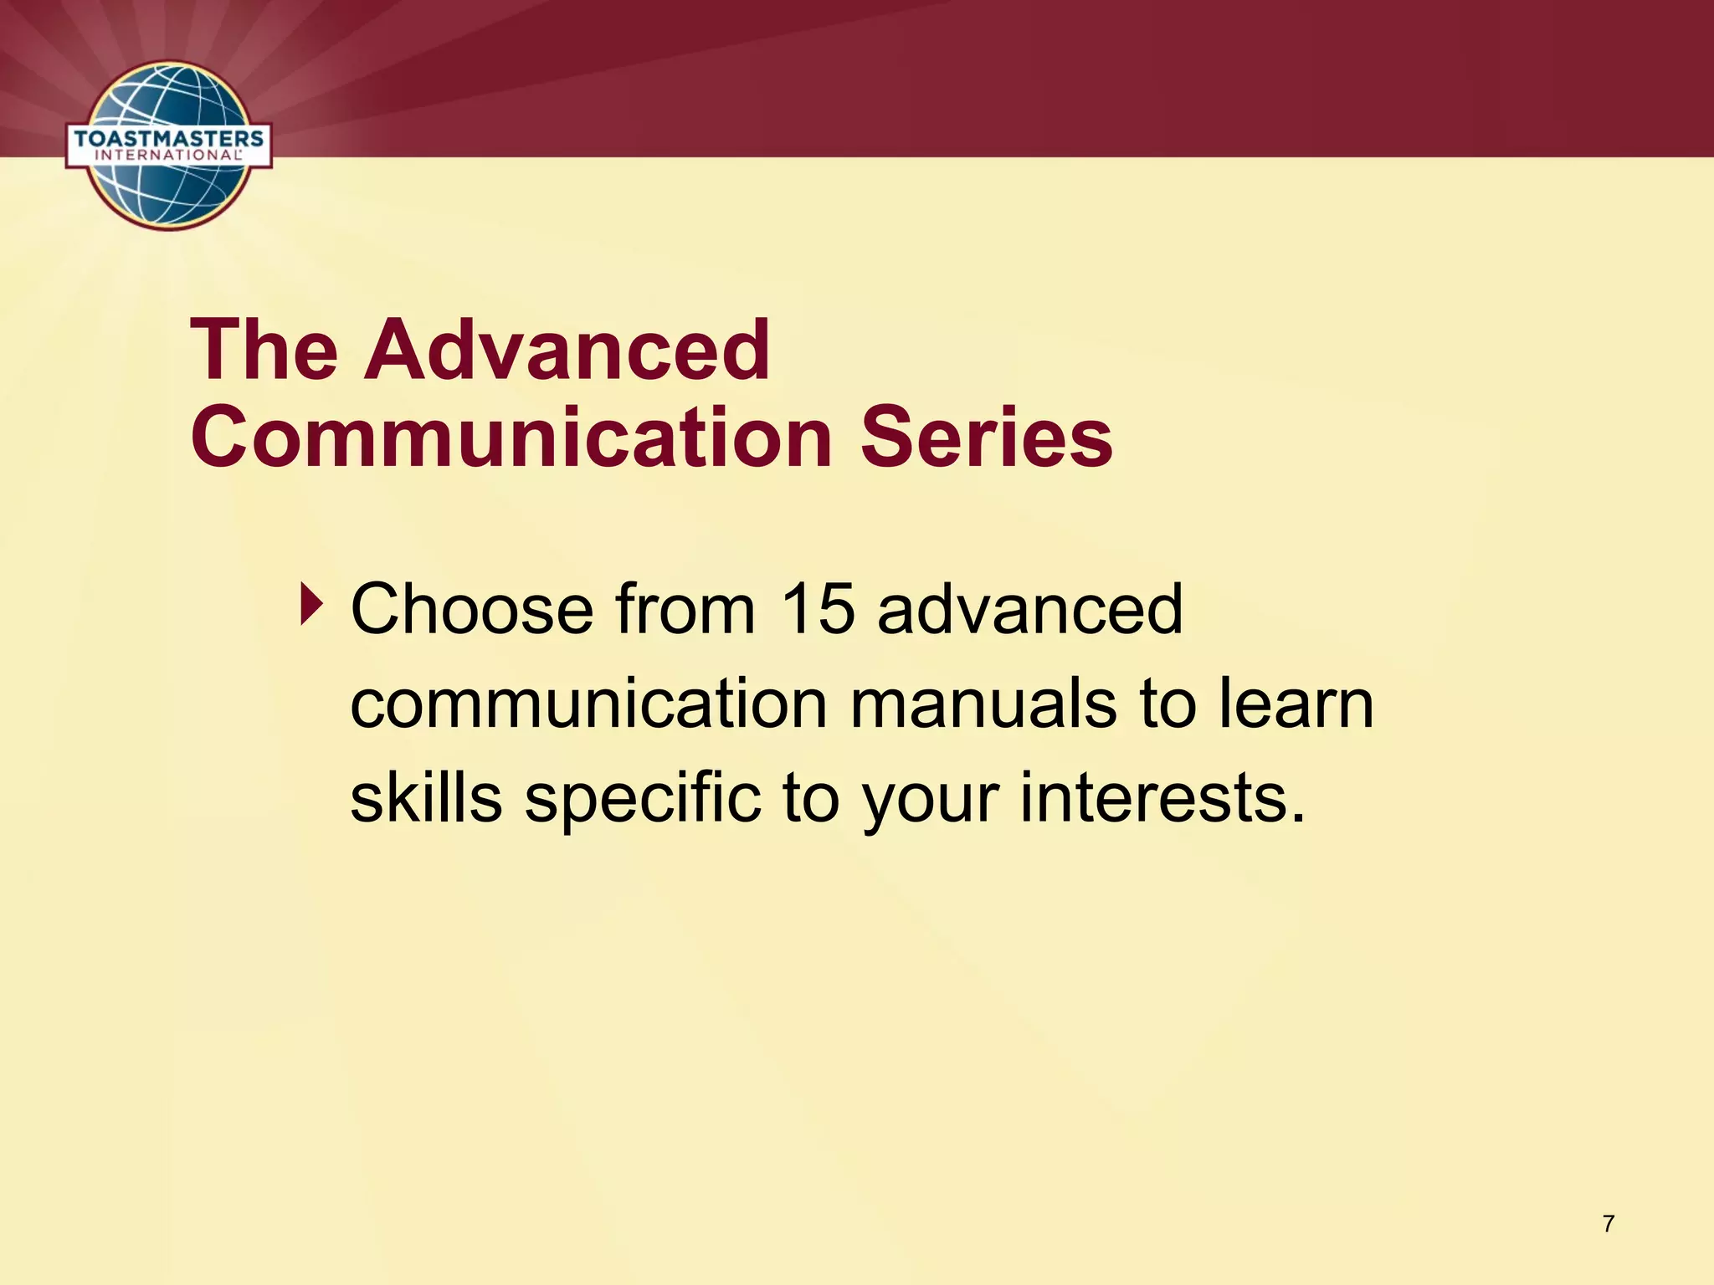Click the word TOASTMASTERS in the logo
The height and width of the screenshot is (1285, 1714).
(x=168, y=138)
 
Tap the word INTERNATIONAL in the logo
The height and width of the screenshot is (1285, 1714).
(x=168, y=156)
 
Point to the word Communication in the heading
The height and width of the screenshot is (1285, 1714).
(x=511, y=438)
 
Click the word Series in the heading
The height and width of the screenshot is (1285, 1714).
(x=987, y=438)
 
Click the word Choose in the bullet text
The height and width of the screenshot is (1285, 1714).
(x=471, y=610)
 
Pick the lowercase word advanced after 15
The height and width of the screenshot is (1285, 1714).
(x=1030, y=610)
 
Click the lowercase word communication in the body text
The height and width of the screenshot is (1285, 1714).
(x=588, y=704)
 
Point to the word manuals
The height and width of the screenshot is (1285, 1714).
(x=983, y=704)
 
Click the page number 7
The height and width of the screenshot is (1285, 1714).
(x=1608, y=1225)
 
